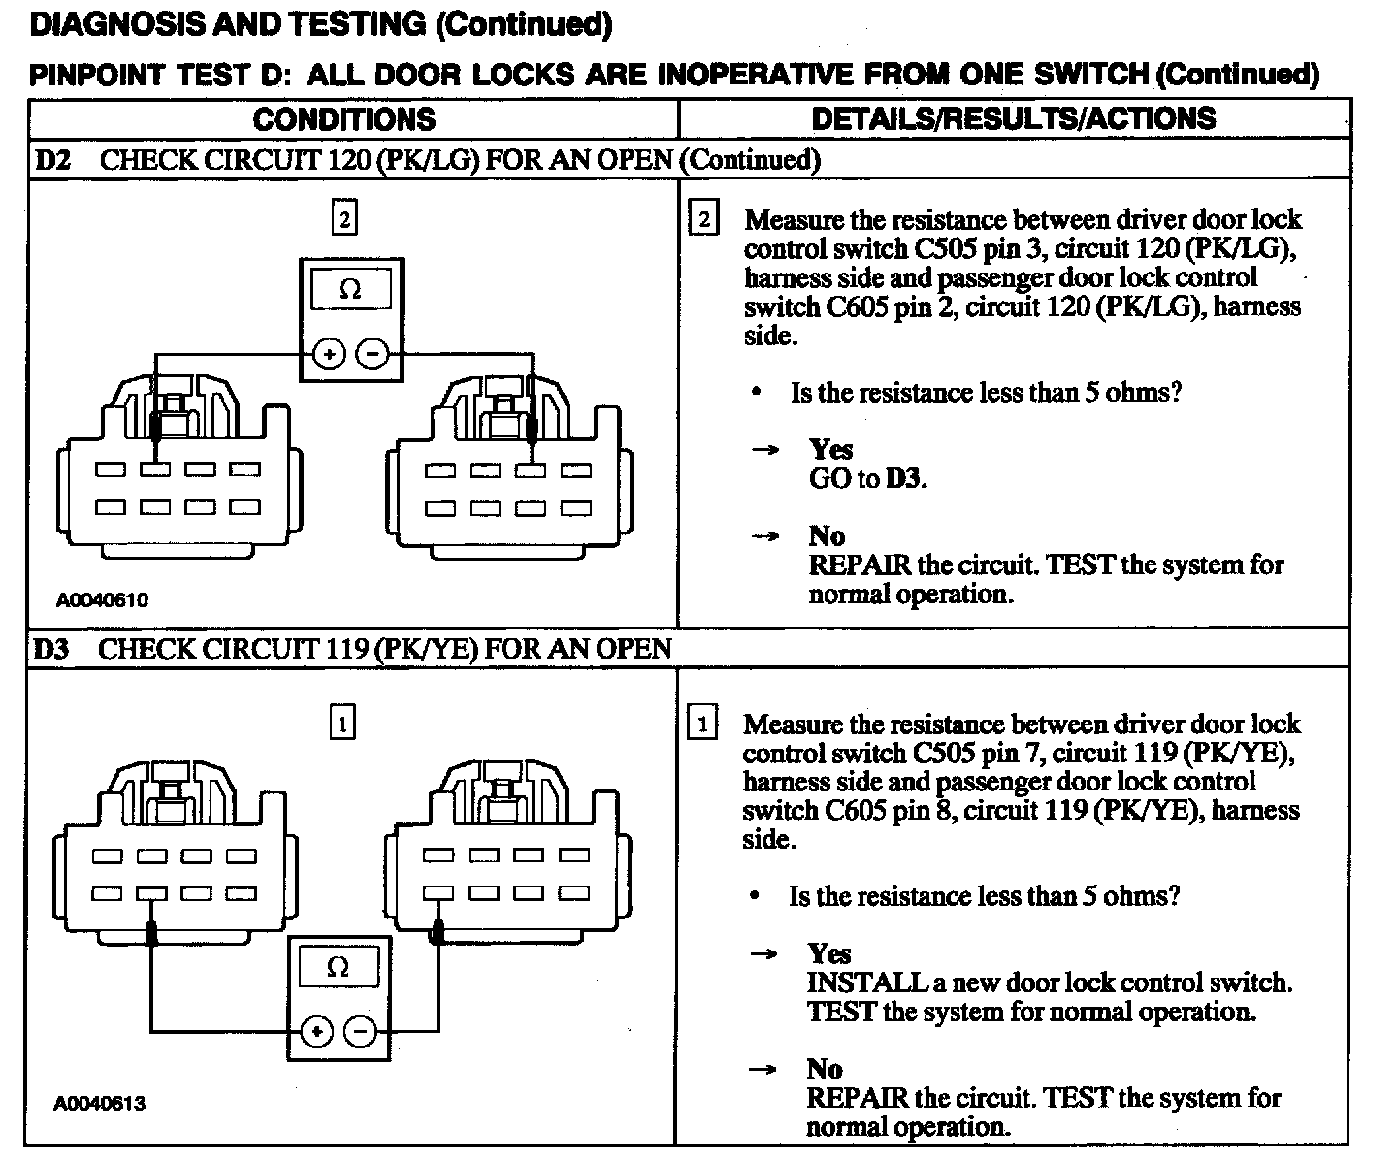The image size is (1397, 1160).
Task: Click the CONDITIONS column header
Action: tap(344, 119)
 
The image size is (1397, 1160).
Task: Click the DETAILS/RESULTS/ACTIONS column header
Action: tap(1013, 118)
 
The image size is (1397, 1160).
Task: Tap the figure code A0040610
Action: tap(102, 600)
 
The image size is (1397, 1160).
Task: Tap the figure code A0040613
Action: tap(100, 1103)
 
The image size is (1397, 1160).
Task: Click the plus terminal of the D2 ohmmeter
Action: tap(330, 355)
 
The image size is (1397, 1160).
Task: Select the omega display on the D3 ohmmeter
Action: tap(339, 967)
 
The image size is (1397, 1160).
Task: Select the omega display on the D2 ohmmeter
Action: tap(350, 289)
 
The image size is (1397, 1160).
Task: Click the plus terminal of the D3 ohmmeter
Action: tap(316, 1032)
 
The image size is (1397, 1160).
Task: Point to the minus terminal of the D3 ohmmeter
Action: tap(360, 1032)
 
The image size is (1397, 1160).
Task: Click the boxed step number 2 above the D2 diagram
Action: tap(344, 217)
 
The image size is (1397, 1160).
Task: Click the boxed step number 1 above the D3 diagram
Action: tap(342, 723)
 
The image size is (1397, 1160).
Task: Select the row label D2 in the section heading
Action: tap(53, 160)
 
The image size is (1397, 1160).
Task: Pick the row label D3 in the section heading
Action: tap(52, 649)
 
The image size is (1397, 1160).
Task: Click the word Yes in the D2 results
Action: tap(830, 449)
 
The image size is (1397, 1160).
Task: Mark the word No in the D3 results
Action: tap(825, 1069)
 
